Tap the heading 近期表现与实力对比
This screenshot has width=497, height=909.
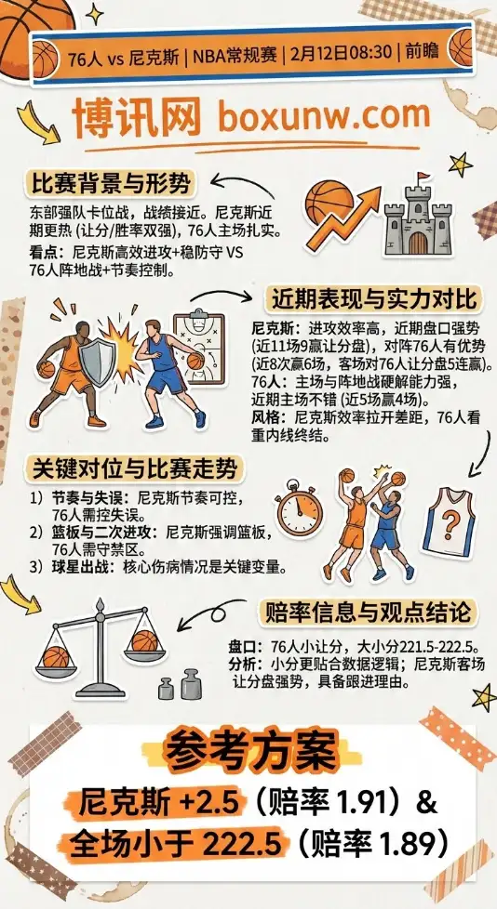(x=372, y=299)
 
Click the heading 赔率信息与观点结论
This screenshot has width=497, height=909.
(x=369, y=613)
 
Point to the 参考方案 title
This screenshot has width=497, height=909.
(x=248, y=749)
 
